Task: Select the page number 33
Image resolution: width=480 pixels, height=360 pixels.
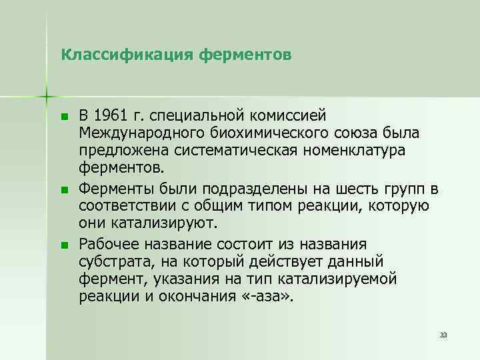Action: point(443,333)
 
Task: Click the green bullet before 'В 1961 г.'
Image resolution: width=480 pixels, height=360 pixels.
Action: point(64,117)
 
